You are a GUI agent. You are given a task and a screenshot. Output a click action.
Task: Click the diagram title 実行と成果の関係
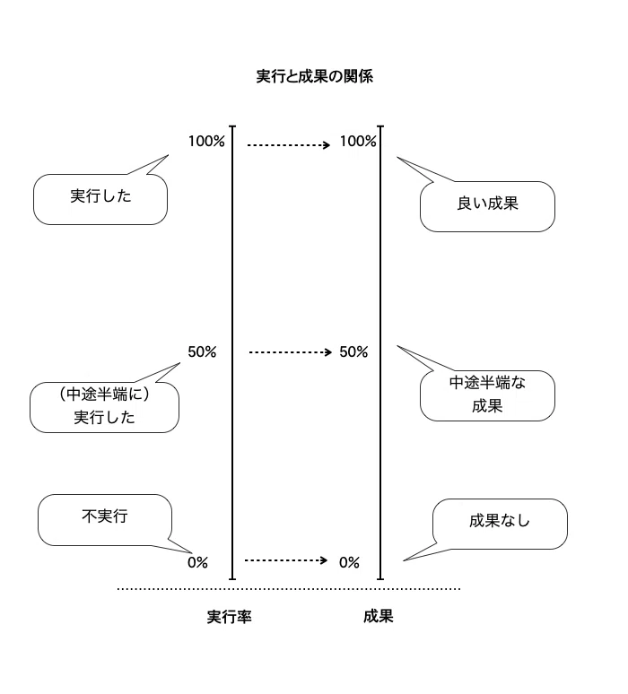pyautogui.click(x=314, y=76)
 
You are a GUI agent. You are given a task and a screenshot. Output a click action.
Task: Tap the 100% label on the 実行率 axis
pyautogui.click(x=206, y=141)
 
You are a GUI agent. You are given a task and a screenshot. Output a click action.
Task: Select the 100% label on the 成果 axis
pyautogui.click(x=358, y=141)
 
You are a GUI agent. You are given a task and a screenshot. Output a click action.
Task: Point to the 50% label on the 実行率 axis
pyautogui.click(x=202, y=351)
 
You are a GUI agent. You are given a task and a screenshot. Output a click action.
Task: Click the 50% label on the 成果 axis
pyautogui.click(x=353, y=351)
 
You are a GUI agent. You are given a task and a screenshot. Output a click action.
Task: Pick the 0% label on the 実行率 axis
pyautogui.click(x=197, y=562)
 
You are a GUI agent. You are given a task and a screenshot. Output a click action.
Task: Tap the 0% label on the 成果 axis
pyautogui.click(x=349, y=562)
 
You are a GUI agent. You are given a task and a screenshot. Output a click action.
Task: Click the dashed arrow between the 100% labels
pyautogui.click(x=289, y=144)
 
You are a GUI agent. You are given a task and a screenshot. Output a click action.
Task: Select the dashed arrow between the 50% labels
pyautogui.click(x=291, y=352)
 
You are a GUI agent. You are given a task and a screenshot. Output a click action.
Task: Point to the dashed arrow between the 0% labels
pyautogui.click(x=286, y=560)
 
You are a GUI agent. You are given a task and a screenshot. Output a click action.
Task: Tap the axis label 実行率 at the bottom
pyautogui.click(x=229, y=617)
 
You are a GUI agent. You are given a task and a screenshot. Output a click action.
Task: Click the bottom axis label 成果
pyautogui.click(x=379, y=616)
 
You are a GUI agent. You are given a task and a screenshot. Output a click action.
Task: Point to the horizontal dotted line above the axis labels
pyautogui.click(x=289, y=589)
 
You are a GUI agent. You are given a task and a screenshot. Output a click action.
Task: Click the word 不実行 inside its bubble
pyautogui.click(x=105, y=516)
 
